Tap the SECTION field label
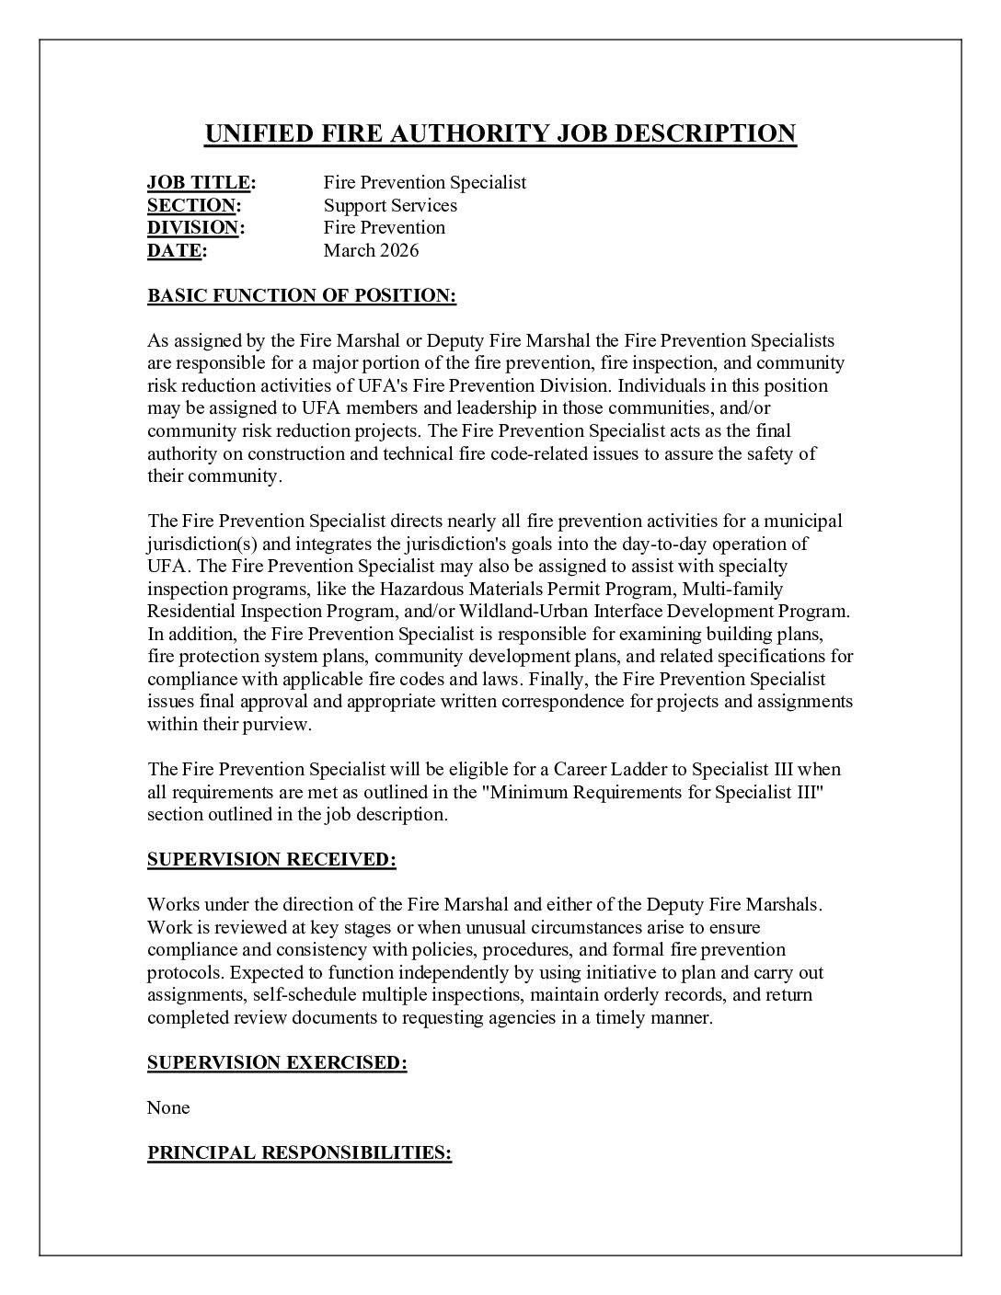tap(191, 205)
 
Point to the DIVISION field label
tap(193, 228)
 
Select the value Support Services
tap(390, 205)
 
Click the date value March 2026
tap(371, 250)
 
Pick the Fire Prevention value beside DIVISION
tap(384, 228)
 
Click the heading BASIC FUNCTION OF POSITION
tap(302, 296)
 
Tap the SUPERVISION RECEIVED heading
tap(271, 860)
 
